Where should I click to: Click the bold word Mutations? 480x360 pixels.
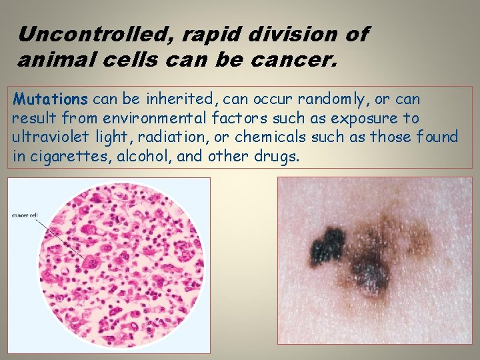[x=51, y=99]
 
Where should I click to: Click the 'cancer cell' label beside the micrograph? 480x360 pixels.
[x=25, y=215]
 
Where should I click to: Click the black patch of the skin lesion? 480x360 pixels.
[x=327, y=245]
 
